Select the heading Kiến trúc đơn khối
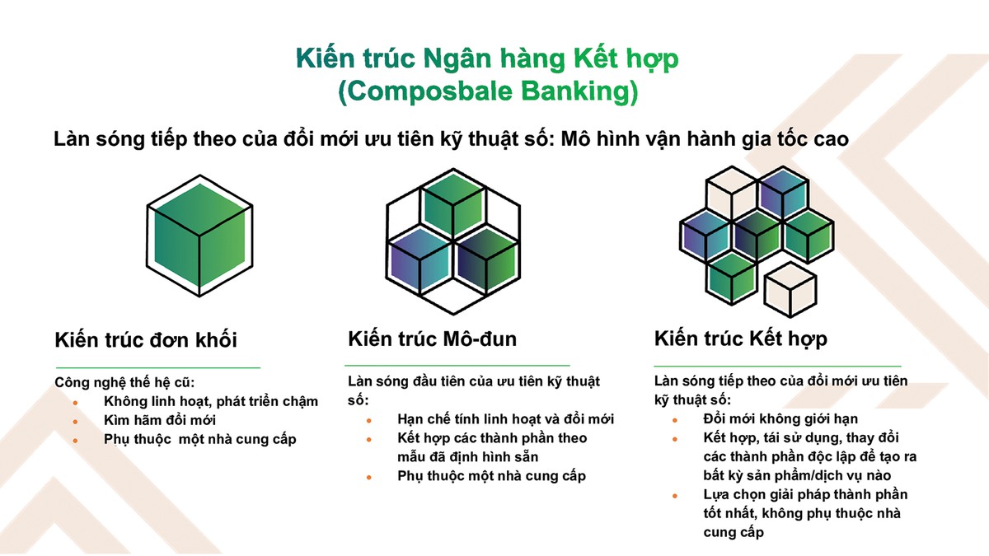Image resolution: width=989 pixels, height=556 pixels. pyautogui.click(x=146, y=340)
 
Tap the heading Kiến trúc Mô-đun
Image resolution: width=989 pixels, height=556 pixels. pyautogui.click(x=432, y=339)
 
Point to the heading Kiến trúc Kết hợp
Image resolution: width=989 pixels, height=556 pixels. pyautogui.click(x=740, y=339)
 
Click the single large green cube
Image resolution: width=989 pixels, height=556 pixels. pyautogui.click(x=199, y=236)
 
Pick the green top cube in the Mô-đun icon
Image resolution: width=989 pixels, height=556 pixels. pyautogui.click(x=453, y=204)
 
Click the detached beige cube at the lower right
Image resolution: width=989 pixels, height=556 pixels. pyautogui.click(x=790, y=289)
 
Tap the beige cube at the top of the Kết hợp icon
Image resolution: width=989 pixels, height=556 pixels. pyautogui.click(x=732, y=193)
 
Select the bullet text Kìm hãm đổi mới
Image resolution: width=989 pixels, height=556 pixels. pyautogui.click(x=160, y=420)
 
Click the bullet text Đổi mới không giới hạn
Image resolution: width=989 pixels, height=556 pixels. pyautogui.click(x=780, y=418)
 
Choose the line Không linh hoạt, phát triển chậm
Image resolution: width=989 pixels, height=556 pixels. pyautogui.click(x=211, y=402)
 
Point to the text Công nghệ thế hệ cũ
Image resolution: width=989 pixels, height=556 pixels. pyautogui.click(x=124, y=382)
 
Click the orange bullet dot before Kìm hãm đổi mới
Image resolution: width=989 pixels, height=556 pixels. pyautogui.click(x=76, y=422)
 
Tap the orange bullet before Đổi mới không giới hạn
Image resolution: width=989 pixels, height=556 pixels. pyautogui.click(x=675, y=420)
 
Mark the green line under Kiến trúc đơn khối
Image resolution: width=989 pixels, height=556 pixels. pyautogui.click(x=158, y=367)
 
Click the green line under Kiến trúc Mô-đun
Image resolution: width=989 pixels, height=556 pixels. pyautogui.click(x=457, y=366)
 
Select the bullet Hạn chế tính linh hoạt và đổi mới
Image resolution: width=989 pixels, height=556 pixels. pyautogui.click(x=505, y=418)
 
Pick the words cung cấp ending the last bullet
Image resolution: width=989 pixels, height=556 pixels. pyautogui.click(x=734, y=533)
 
